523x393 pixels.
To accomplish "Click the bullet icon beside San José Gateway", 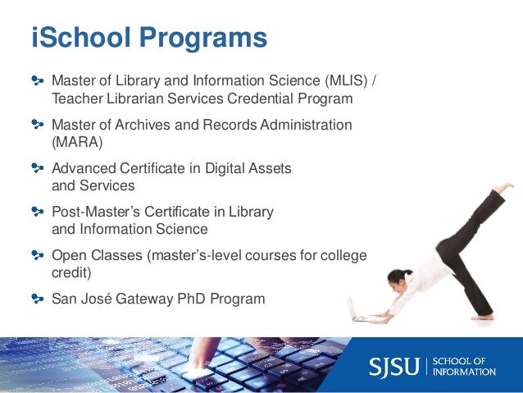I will click(x=37, y=298).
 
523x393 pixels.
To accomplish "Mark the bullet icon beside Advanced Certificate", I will click(x=37, y=168).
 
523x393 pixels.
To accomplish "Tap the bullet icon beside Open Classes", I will click(x=37, y=254).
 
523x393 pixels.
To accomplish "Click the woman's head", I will click(x=397, y=277).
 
